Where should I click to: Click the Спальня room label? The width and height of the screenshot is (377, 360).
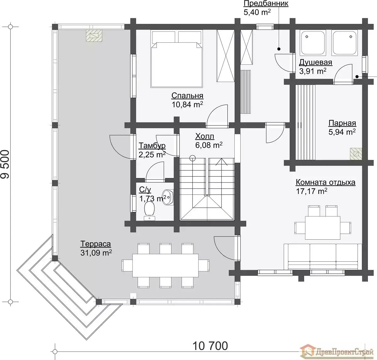pos(187,95)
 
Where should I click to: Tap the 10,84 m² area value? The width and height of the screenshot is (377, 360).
pos(187,104)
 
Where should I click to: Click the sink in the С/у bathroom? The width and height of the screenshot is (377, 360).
pos(167,197)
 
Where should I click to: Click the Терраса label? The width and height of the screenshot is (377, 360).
pos(96,244)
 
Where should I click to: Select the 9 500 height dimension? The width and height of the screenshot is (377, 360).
pos(5,164)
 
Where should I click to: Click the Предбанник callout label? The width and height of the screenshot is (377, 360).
pos(266,3)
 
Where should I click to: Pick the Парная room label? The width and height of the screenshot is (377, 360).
pos(342,123)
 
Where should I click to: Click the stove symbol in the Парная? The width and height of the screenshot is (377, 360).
pos(356,154)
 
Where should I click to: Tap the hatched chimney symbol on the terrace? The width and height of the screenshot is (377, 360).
pos(94,35)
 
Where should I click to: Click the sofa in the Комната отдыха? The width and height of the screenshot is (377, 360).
pos(323,257)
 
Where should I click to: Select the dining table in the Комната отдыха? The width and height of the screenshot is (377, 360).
pos(323,228)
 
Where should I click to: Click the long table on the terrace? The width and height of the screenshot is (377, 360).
pos(165,265)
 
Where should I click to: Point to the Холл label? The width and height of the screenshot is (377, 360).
pos(205,136)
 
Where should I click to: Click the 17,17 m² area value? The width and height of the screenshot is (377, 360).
pos(312,191)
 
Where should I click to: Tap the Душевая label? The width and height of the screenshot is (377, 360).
pos(316,63)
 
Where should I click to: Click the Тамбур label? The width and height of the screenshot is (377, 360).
pos(152,145)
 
